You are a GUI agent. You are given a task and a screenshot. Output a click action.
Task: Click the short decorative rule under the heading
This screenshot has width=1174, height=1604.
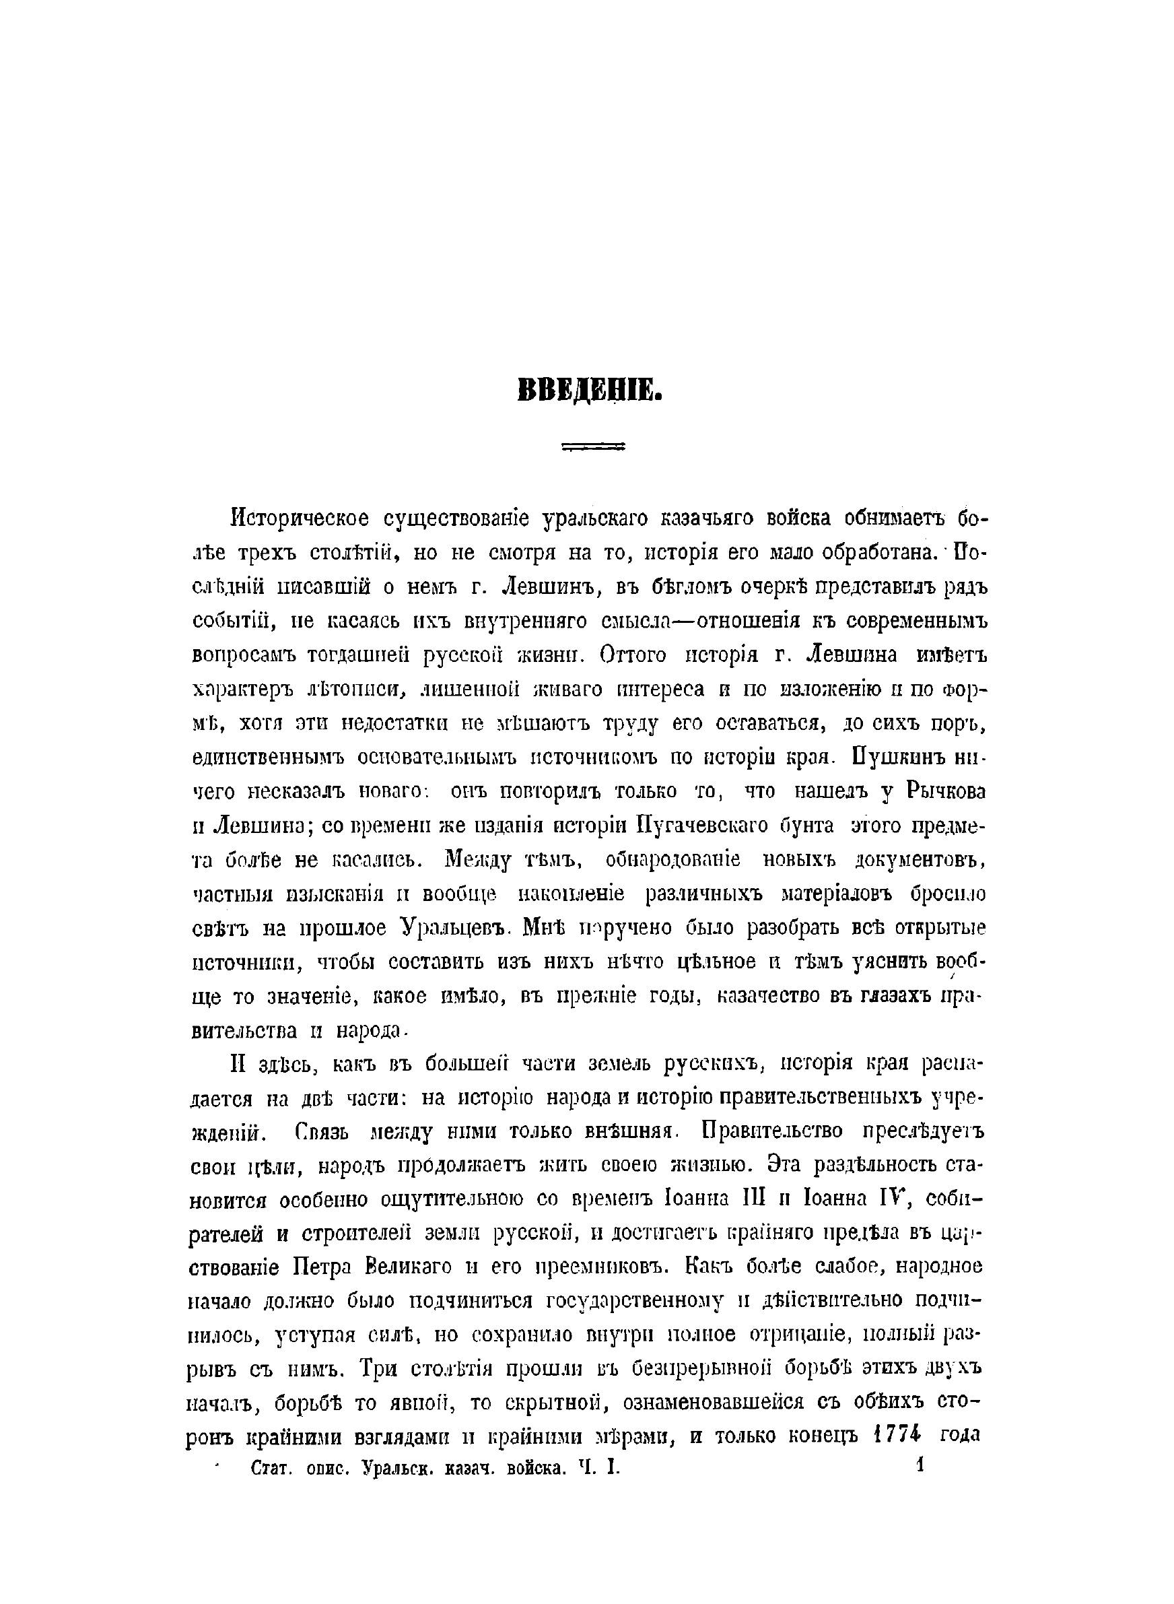(x=592, y=447)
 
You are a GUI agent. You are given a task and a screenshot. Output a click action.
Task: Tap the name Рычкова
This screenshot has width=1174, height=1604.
(x=944, y=791)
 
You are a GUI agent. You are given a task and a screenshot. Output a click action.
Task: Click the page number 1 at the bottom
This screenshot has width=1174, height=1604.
(x=920, y=1465)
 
